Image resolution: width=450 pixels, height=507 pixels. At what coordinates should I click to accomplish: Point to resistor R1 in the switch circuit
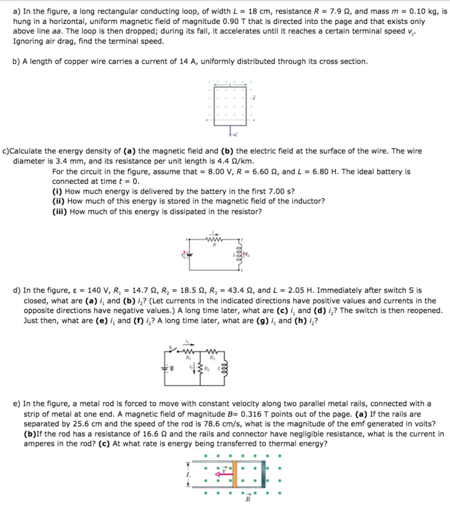pyautogui.click(x=188, y=352)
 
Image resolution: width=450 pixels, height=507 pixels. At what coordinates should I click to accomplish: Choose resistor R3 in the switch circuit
pyautogui.click(x=211, y=352)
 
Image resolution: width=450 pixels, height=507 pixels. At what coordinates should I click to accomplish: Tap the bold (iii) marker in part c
pyautogui.click(x=59, y=212)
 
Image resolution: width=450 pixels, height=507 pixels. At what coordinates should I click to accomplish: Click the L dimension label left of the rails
pyautogui.click(x=188, y=474)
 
